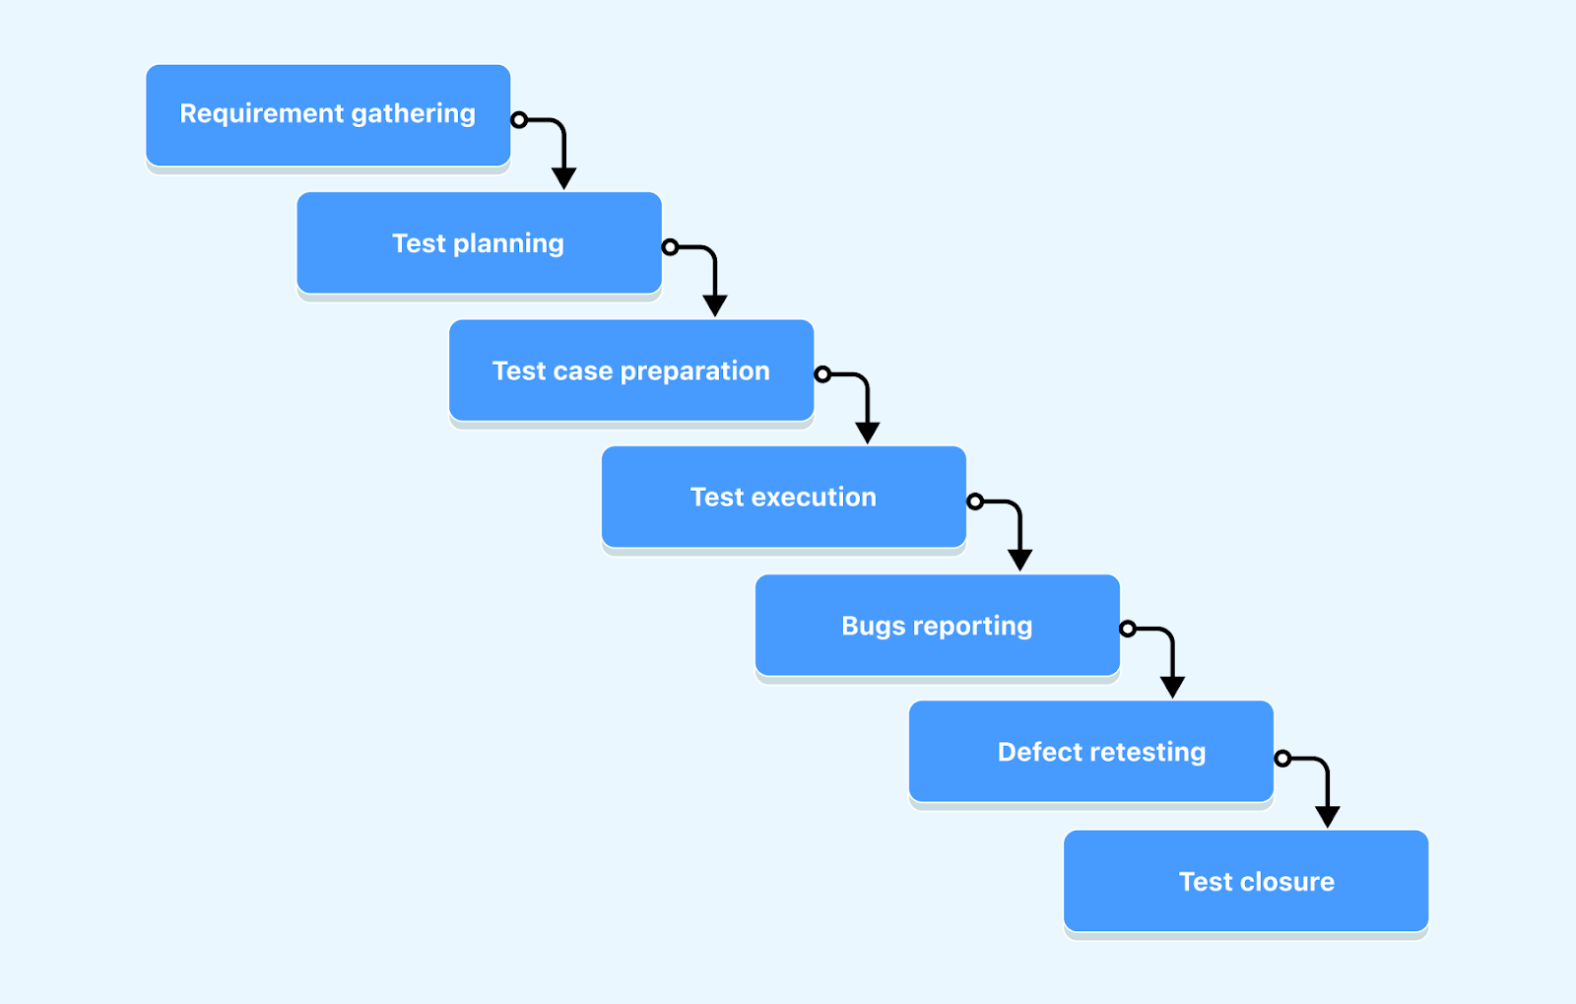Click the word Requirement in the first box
261,114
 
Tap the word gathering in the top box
413,114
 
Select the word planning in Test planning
508,244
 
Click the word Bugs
873,627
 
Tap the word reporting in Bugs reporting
972,627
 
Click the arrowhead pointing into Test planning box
563,178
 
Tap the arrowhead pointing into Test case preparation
715,305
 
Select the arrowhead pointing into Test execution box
868,433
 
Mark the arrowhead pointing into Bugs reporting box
1020,560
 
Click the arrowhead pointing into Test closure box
1328,817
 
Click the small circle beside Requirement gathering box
519,120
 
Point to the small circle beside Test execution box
975,502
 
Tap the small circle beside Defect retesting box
1282,759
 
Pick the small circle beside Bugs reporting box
1128,629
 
